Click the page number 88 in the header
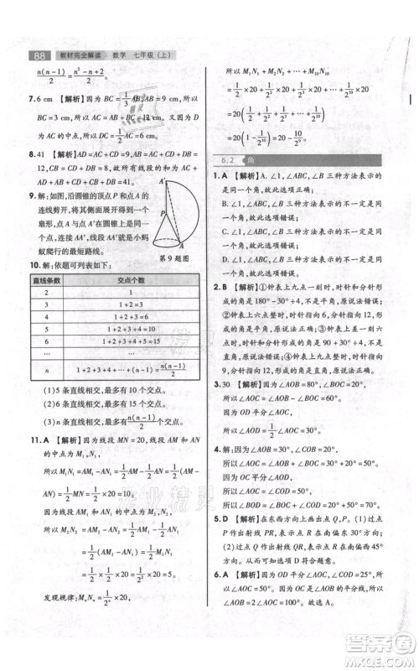[38, 56]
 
